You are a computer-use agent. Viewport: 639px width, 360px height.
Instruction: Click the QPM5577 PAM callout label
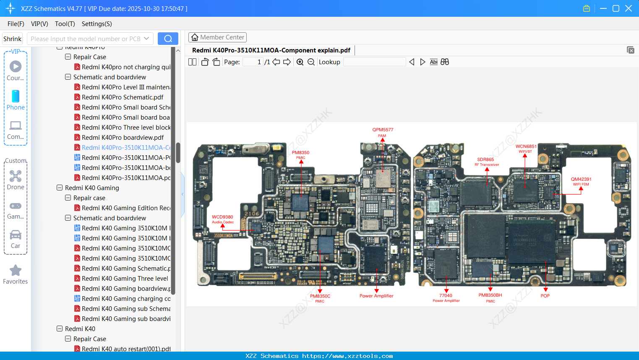382,132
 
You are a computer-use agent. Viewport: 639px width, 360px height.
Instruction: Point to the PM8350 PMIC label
300,155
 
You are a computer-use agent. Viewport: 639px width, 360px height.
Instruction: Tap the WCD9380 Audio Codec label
222,219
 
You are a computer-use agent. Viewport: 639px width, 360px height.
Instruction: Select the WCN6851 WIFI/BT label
526,149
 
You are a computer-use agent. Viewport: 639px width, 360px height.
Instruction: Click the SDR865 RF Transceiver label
486,162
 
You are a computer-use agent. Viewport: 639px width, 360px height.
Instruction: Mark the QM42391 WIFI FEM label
581,181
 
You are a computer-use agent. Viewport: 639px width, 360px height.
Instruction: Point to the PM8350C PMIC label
320,298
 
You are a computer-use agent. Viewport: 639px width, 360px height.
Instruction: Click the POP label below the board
545,296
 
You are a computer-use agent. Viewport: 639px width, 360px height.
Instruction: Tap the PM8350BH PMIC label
490,297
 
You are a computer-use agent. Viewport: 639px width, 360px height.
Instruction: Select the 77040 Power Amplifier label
446,297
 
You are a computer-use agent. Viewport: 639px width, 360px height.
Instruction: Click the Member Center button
217,37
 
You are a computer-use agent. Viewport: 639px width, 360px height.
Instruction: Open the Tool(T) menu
65,24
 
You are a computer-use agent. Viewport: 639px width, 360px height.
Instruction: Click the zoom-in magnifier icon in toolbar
300,62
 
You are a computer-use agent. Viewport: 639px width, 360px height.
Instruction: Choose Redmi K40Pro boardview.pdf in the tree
123,138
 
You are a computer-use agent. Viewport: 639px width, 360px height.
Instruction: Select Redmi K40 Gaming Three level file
125,279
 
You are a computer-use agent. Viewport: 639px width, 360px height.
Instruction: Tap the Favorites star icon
16,271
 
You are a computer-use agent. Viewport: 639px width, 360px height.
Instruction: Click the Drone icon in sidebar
16,176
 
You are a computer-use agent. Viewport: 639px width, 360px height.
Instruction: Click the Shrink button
13,39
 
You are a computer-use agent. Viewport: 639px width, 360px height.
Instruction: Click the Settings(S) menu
97,24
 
